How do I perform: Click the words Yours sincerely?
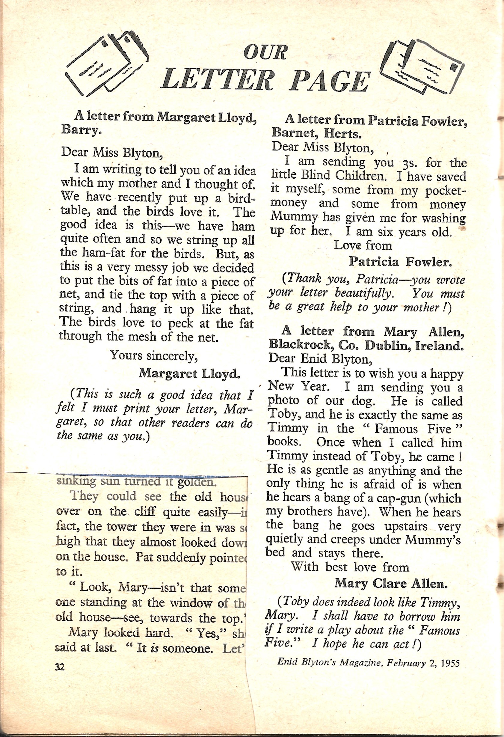click(154, 356)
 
